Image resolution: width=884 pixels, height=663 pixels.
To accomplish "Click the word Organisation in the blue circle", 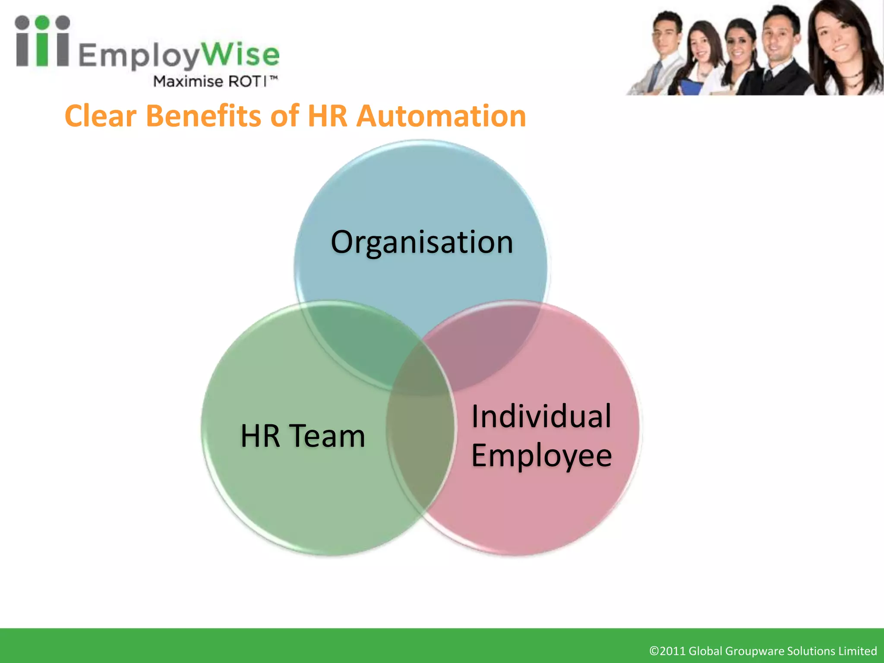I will [422, 243].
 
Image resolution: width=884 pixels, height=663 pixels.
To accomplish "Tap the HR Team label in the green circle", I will [303, 436].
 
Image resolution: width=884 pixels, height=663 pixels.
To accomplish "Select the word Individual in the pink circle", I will [541, 416].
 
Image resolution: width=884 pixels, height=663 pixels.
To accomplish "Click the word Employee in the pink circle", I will [541, 456].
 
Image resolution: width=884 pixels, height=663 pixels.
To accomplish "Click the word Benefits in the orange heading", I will [204, 116].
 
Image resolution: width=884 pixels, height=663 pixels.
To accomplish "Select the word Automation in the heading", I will [441, 116].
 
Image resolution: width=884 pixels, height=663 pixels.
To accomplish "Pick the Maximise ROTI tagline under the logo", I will [215, 81].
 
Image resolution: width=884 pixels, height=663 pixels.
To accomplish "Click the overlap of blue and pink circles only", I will [488, 341].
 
